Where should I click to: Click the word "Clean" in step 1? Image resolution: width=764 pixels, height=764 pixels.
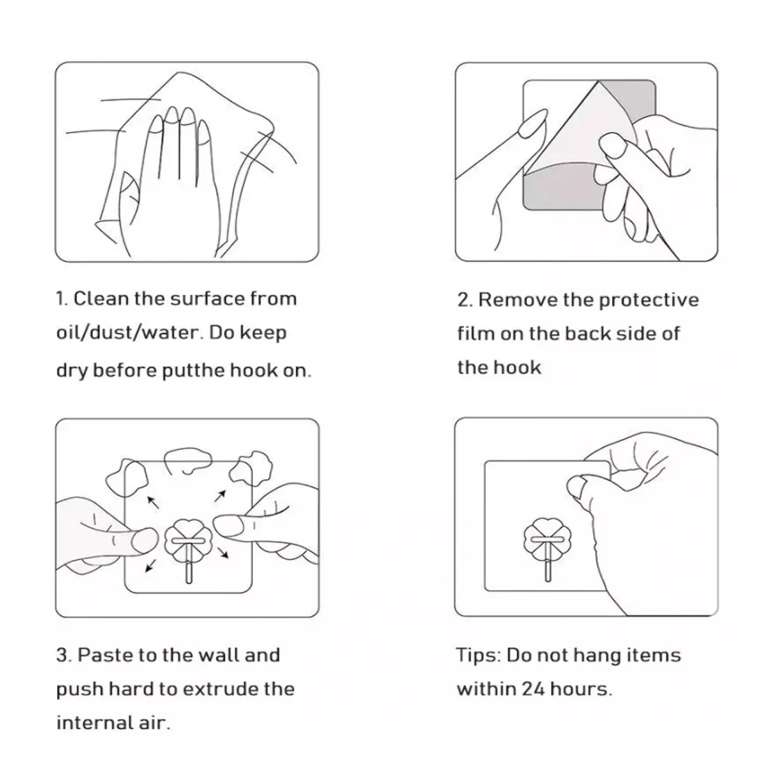pos(101,299)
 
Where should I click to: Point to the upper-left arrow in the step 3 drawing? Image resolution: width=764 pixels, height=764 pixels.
pos(153,502)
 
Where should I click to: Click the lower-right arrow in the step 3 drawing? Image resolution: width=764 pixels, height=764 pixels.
pos(223,553)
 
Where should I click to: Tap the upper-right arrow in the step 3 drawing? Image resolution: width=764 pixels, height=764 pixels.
pos(220,496)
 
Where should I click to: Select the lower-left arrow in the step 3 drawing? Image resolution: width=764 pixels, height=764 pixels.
pos(151,565)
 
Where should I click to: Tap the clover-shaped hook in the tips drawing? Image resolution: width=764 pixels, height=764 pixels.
pos(547,541)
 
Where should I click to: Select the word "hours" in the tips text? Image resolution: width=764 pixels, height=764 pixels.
pos(581,690)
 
